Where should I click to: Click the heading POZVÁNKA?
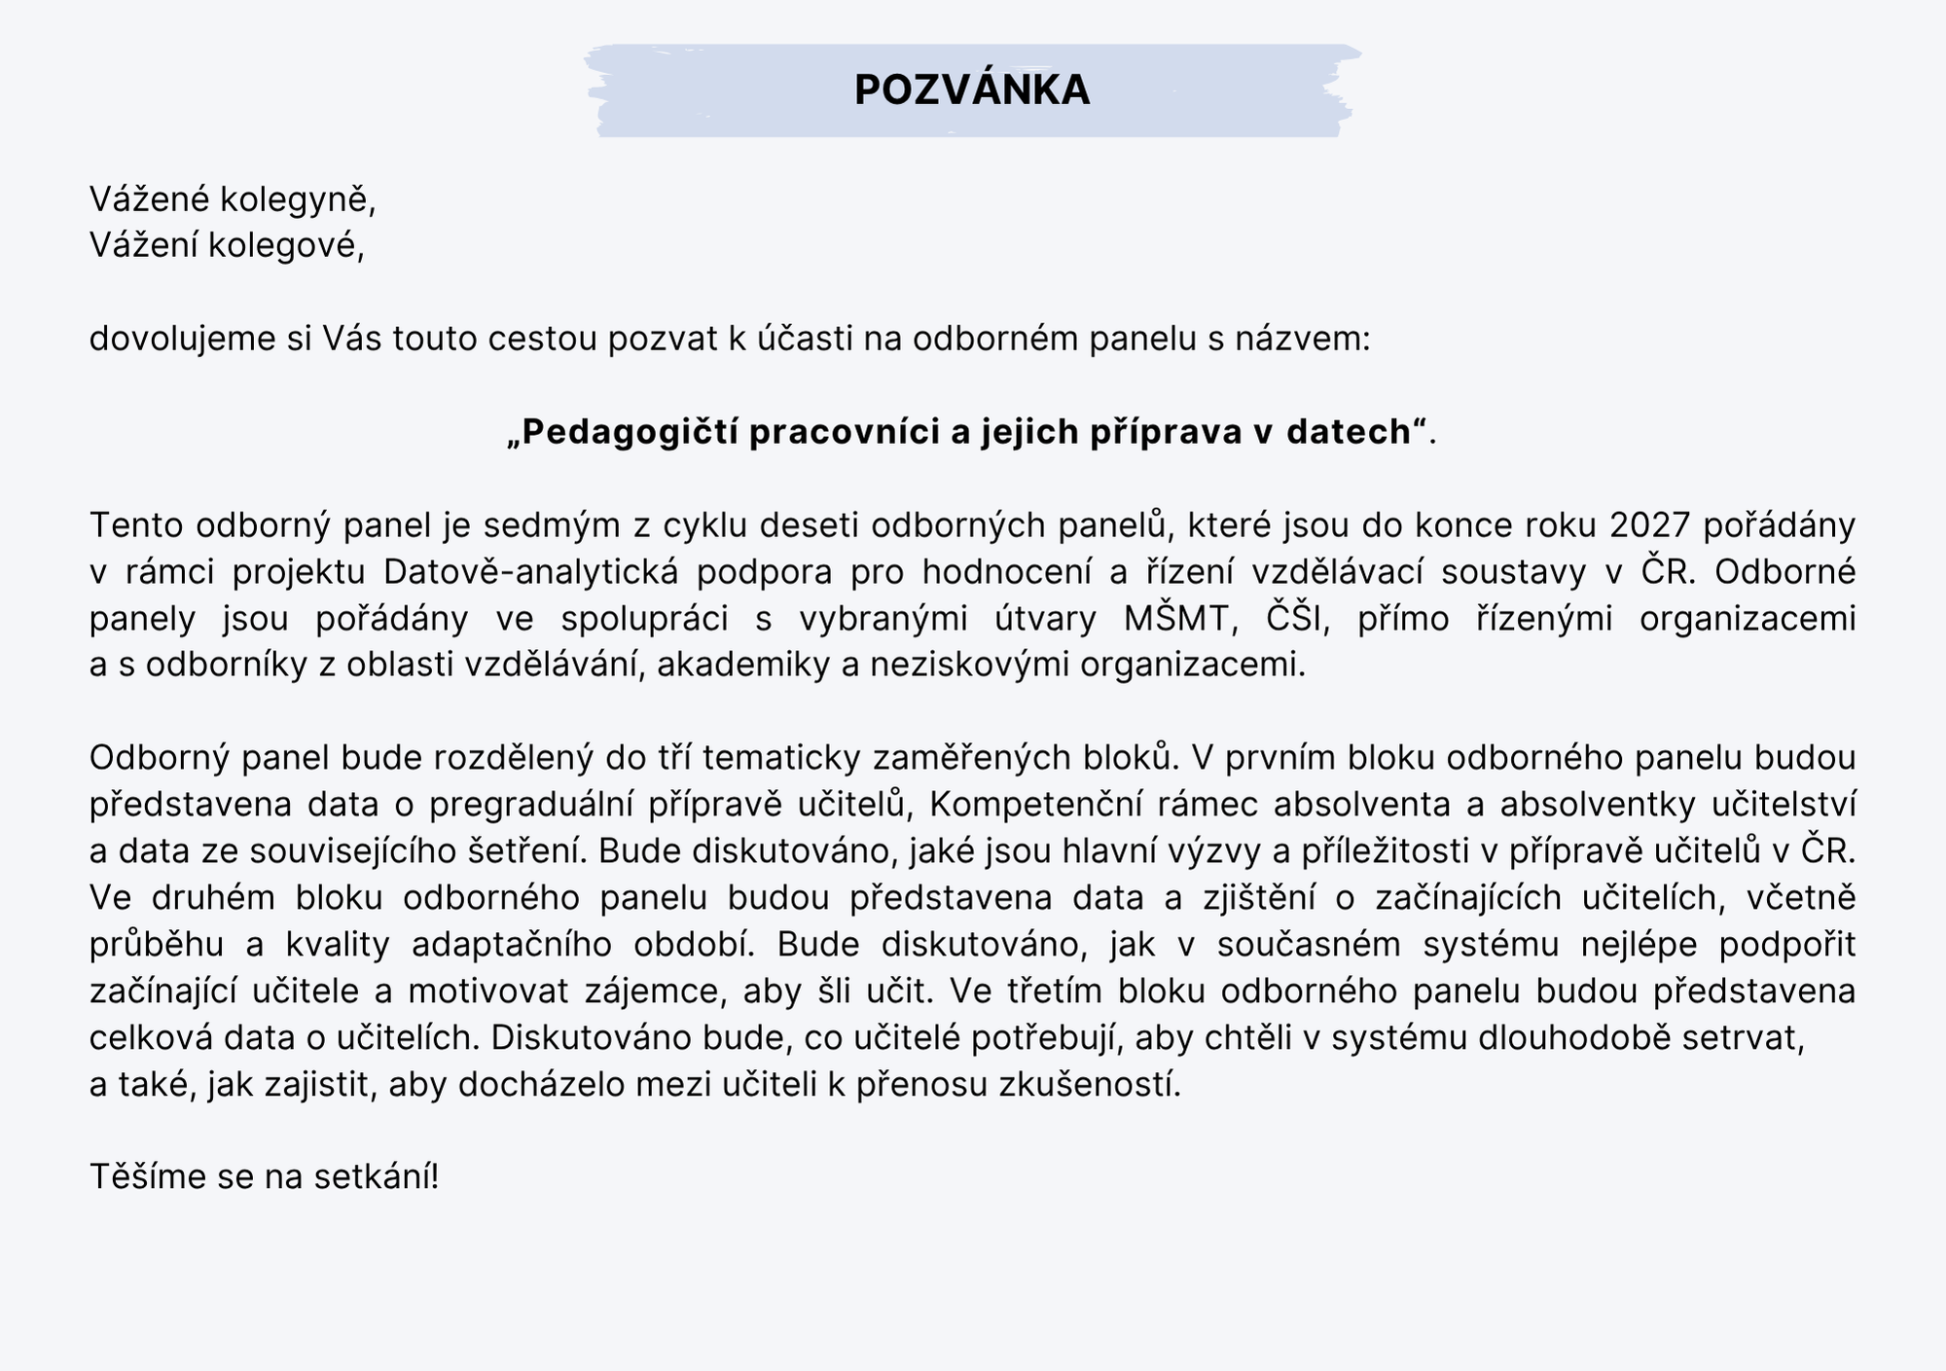pos(972,90)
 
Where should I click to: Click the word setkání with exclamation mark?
pos(377,1177)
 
